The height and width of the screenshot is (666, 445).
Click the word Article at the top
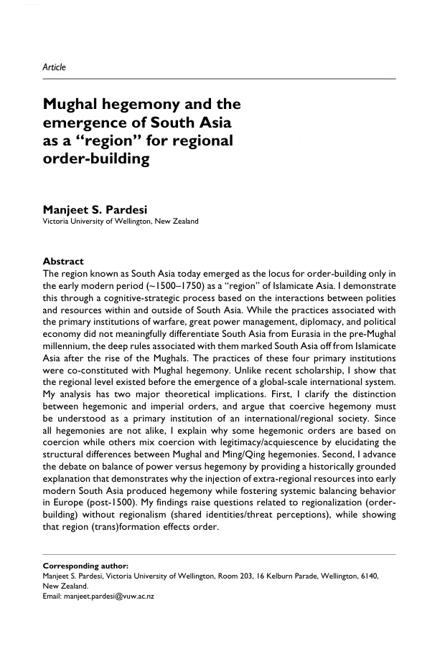point(55,67)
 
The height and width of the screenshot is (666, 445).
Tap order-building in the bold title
point(96,159)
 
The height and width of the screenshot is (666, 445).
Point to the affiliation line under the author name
point(121,222)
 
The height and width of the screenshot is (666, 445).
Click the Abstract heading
point(63,261)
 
